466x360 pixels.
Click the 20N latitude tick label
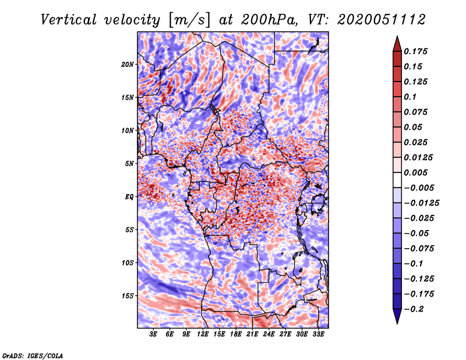[x=128, y=65]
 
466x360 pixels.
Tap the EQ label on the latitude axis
[x=129, y=197]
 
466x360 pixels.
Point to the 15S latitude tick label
[x=128, y=296]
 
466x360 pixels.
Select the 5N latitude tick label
[x=129, y=164]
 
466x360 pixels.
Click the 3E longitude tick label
[x=153, y=334]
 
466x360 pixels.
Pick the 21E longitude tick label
[x=252, y=334]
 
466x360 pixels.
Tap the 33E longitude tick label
[x=318, y=334]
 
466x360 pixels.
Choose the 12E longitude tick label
[x=202, y=334]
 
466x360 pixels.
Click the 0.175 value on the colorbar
[x=415, y=51]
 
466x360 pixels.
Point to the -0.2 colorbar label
[x=414, y=309]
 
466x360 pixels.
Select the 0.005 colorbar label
[x=415, y=172]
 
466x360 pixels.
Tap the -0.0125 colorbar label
[x=421, y=203]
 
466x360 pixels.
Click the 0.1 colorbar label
[x=410, y=97]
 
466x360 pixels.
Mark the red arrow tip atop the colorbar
[x=397, y=36]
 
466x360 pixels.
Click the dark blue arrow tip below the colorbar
[x=397, y=323]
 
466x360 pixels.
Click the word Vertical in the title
[x=69, y=20]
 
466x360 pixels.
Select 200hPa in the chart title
[x=269, y=20]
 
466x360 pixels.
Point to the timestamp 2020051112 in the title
[x=382, y=20]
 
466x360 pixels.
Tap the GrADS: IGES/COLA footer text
[x=33, y=356]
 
